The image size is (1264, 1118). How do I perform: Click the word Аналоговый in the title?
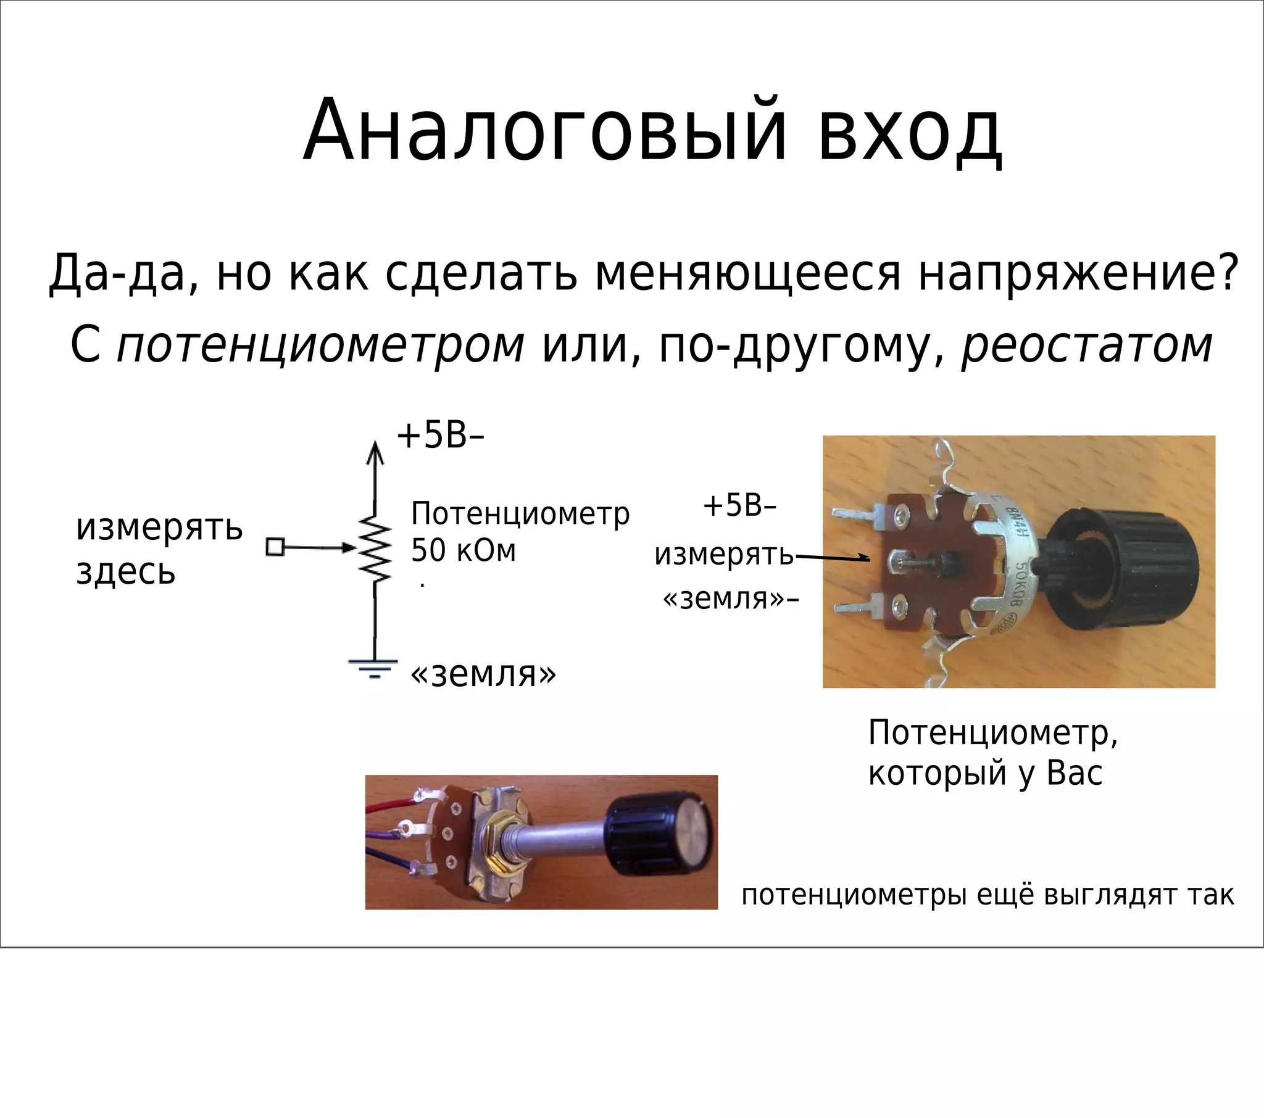[544, 131]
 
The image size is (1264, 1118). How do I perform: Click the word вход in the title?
[910, 131]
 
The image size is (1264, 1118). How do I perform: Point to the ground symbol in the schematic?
[373, 668]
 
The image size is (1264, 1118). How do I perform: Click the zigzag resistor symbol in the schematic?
[375, 548]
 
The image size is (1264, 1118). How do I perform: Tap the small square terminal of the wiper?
[275, 547]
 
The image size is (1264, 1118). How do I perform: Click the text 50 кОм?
[463, 550]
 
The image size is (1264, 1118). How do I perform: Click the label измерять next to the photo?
[723, 555]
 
